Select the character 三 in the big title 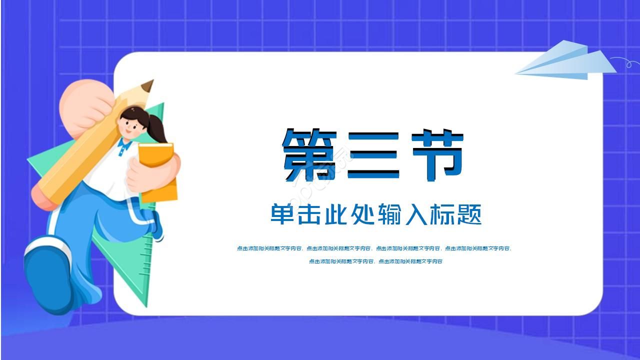tap(373, 155)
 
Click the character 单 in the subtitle tap(283, 214)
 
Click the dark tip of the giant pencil tap(148, 86)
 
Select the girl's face tap(131, 124)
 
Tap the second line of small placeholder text tap(375, 261)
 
